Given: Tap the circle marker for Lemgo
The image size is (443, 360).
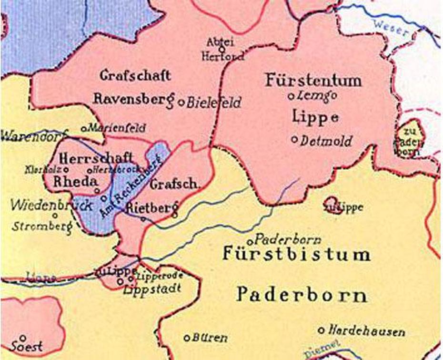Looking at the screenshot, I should coord(291,96).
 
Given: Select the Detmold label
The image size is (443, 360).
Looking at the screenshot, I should coord(326,141).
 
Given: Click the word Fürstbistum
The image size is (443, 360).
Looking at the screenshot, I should coord(296,254).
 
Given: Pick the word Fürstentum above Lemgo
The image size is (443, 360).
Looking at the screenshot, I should coord(313,80).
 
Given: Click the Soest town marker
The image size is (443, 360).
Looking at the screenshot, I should coord(22,338).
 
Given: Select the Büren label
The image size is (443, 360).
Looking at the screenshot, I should coord(210,338).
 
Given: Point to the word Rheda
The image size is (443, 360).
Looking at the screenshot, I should coord(76,181).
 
